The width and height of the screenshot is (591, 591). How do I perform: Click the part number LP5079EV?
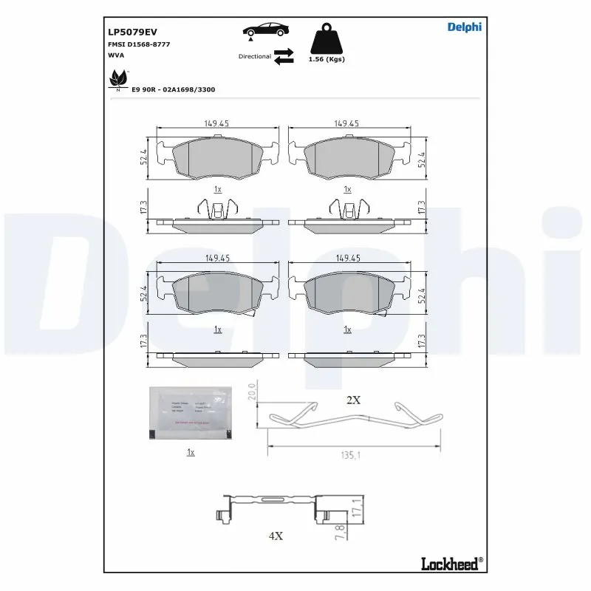(133, 32)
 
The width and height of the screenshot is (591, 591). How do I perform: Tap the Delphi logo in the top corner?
(464, 27)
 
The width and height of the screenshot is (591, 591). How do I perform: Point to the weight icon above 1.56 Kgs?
(326, 38)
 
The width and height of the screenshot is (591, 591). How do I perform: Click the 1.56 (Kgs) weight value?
(326, 59)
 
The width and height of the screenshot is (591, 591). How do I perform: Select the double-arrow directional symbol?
(284, 56)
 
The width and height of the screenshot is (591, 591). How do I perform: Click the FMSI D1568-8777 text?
(138, 44)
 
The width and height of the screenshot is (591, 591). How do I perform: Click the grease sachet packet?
(190, 412)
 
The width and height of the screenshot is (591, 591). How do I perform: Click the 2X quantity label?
(353, 400)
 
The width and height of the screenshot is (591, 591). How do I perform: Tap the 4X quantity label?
(276, 536)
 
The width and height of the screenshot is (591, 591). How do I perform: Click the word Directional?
(254, 56)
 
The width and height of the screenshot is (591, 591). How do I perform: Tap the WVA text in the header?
(117, 55)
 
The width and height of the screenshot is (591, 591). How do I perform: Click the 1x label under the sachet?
(190, 452)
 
